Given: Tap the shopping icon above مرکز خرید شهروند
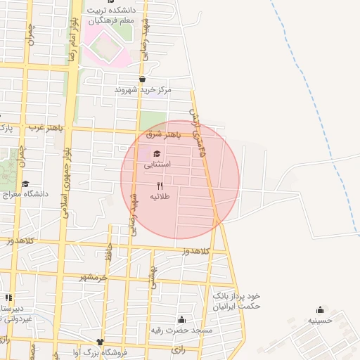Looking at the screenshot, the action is [143, 79].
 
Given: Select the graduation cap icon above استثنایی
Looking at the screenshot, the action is [156, 154].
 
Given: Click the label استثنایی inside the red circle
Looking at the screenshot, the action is [157, 165].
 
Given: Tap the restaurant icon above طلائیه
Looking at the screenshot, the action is [160, 185].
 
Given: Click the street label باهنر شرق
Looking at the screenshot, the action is [163, 134].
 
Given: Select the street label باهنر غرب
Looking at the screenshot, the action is [46, 128].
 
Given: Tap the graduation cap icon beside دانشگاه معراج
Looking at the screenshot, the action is [25, 184].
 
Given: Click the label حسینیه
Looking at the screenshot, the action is [321, 320].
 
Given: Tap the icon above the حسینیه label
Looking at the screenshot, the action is [321, 309].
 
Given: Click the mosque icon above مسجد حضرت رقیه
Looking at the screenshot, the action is [182, 319].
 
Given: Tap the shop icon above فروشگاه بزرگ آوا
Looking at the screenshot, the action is [100, 342].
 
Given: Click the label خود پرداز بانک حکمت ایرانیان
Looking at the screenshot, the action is [237, 301].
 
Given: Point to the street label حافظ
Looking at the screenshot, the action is [108, 250].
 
